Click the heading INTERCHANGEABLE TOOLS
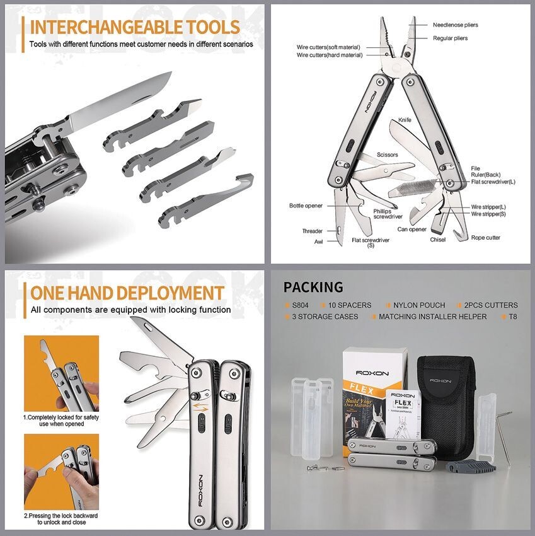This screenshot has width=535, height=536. coord(134,27)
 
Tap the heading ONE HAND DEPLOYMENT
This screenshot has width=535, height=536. coord(127,293)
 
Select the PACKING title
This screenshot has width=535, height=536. coord(313,288)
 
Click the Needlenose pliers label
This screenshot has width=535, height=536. coord(455,25)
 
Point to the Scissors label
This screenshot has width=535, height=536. coord(388,154)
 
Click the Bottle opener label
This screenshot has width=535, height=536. coord(306,206)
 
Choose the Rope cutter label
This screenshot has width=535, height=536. coord(486,238)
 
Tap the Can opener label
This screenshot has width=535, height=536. coord(413,229)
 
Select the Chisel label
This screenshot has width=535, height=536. coord(438,240)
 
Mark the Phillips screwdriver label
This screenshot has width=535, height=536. coord(387,214)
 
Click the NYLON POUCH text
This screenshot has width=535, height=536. coord(419,305)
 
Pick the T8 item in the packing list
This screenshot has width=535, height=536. coord(512,317)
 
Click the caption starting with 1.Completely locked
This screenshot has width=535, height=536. coord(61,421)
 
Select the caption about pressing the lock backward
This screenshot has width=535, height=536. coord(61,519)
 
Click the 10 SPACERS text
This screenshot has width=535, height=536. coord(350,305)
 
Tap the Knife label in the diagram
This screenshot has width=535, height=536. coord(405,120)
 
